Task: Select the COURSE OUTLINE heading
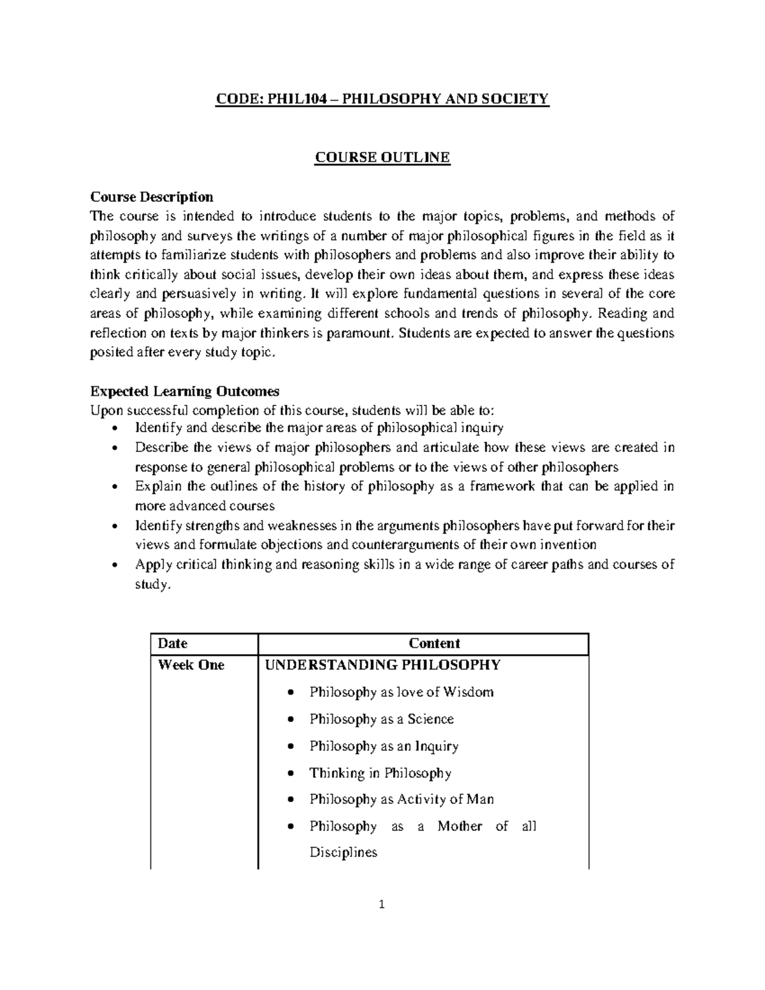pyautogui.click(x=382, y=157)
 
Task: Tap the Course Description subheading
pyautogui.click(x=152, y=196)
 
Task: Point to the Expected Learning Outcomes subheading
pyautogui.click(x=185, y=391)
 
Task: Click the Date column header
pyautogui.click(x=173, y=644)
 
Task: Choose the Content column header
pyautogui.click(x=434, y=644)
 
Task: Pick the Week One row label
pyautogui.click(x=191, y=665)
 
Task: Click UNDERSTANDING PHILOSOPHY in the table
pyautogui.click(x=382, y=665)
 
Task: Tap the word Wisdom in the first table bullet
pyautogui.click(x=468, y=692)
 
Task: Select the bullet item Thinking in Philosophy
pyautogui.click(x=380, y=773)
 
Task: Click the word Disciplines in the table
pyautogui.click(x=343, y=852)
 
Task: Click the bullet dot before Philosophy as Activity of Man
pyautogui.click(x=291, y=800)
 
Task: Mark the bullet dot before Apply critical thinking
pyautogui.click(x=114, y=565)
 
